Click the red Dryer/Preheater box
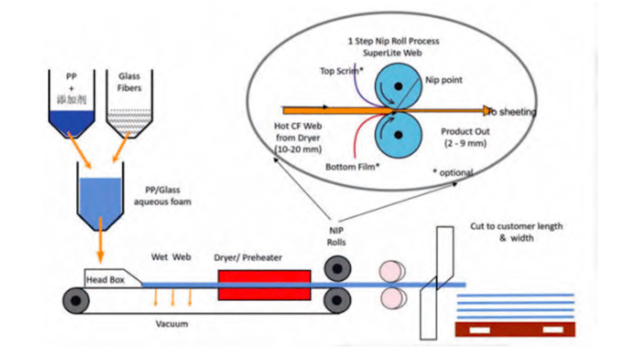click(x=264, y=285)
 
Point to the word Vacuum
click(x=175, y=324)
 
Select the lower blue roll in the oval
click(x=399, y=134)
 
